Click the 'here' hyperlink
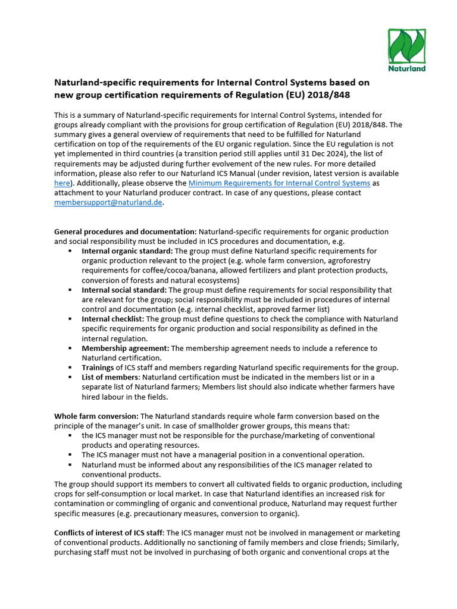tap(62, 183)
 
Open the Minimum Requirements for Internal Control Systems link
tap(279, 183)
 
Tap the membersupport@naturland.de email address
tap(108, 202)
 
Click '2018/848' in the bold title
tap(337, 95)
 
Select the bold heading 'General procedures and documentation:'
tap(125, 231)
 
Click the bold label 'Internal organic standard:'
tap(127, 251)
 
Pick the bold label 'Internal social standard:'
tap(124, 290)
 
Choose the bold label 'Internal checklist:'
tap(112, 319)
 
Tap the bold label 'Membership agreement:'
tap(125, 348)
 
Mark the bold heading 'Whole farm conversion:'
tap(96, 416)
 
